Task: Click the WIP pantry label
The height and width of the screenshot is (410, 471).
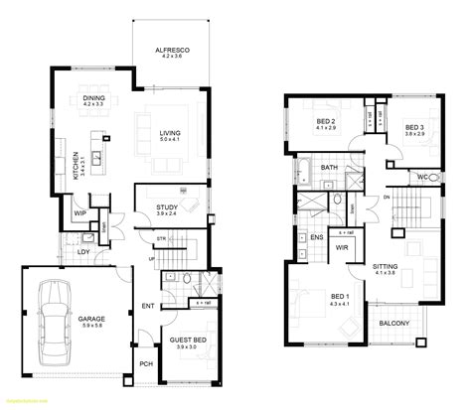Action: click(x=78, y=211)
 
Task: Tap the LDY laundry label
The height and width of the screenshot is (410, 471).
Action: click(x=83, y=251)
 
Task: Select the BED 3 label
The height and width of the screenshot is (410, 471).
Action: click(x=414, y=127)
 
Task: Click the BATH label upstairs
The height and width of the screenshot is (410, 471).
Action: click(x=329, y=169)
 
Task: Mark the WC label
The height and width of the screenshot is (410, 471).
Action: click(x=421, y=178)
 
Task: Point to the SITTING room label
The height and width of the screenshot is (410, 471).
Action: click(x=411, y=267)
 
